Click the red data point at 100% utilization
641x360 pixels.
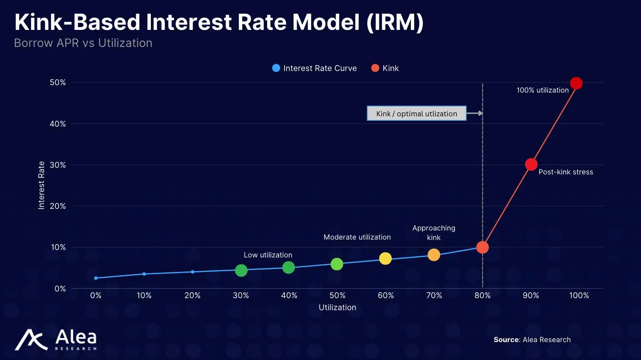(576, 83)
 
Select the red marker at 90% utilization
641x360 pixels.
(531, 164)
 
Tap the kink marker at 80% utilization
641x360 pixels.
(482, 247)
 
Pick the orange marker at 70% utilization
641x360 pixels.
(434, 255)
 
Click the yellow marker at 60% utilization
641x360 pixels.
(385, 259)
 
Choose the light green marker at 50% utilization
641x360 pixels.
(337, 264)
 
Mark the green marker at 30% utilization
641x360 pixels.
(241, 271)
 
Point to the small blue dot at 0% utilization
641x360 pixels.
(96, 278)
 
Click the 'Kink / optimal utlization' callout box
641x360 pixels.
(416, 113)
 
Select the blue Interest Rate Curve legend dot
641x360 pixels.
(276, 68)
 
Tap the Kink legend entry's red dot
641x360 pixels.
(375, 68)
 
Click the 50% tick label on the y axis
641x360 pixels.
(58, 83)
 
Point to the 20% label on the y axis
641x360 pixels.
(58, 206)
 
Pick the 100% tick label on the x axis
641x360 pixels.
(579, 296)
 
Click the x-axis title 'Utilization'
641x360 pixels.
(337, 308)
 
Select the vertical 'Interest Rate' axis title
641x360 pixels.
(41, 185)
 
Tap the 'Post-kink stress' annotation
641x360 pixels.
(565, 172)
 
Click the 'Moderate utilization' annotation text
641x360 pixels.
(357, 237)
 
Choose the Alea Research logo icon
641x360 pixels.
(31, 340)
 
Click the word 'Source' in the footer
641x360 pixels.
(506, 340)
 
